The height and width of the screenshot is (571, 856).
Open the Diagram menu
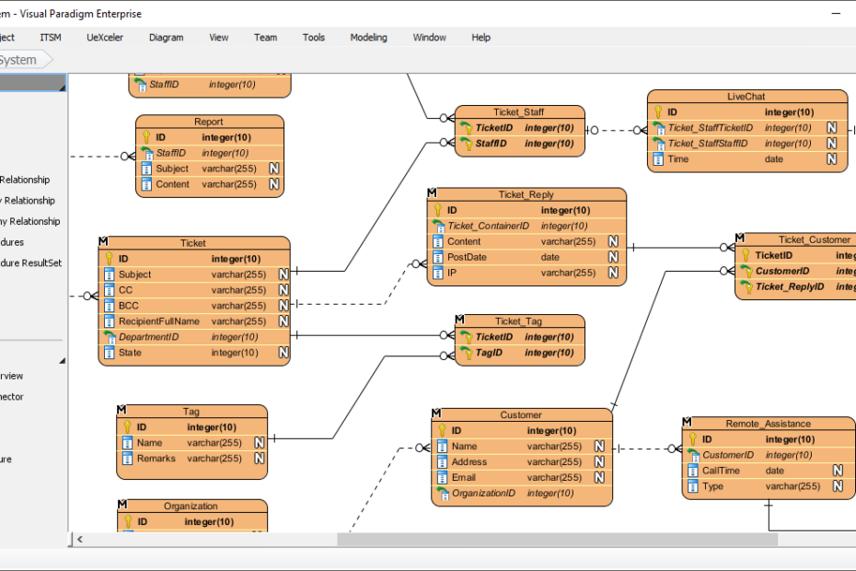click(x=166, y=38)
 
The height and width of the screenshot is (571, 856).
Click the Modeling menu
click(x=368, y=38)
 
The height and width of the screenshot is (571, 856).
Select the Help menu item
click(x=480, y=38)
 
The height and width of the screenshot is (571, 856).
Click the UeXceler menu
click(x=105, y=38)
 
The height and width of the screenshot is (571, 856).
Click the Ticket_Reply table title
click(x=526, y=195)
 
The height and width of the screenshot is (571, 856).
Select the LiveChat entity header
click(x=746, y=97)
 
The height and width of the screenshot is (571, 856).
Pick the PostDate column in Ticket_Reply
click(x=467, y=258)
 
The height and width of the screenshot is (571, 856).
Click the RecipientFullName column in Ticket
click(x=158, y=321)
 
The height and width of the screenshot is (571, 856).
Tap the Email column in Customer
click(x=464, y=478)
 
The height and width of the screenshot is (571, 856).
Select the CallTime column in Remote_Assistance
click(x=721, y=471)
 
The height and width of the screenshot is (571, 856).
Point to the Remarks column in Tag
click(x=156, y=459)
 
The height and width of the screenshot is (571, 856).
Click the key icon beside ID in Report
click(x=146, y=137)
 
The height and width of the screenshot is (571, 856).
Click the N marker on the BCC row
click(x=284, y=306)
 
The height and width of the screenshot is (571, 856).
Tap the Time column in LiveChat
click(x=677, y=159)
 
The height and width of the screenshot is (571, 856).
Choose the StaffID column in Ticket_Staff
click(x=491, y=144)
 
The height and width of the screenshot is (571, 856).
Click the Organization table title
click(x=191, y=507)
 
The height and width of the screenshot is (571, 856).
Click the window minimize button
click(x=835, y=14)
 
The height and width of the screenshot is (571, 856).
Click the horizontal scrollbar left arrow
click(x=80, y=539)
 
